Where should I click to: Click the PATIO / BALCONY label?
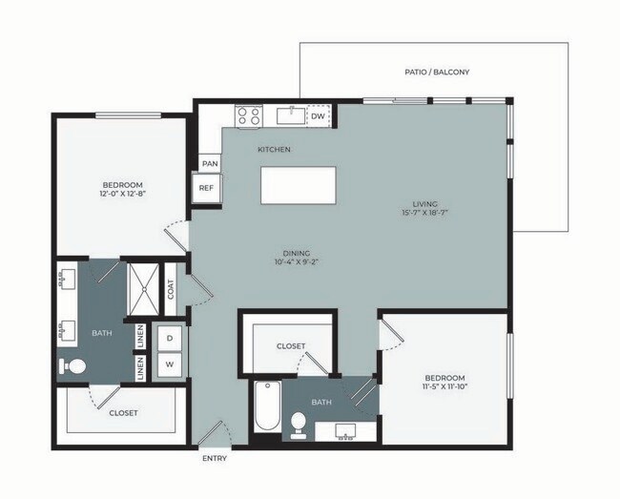coord(438,73)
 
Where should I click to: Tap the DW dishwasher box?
coord(318,116)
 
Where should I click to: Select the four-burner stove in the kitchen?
coord(249,116)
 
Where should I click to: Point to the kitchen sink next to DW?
coord(289,116)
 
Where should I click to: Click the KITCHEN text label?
coord(274,150)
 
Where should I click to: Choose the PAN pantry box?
coord(210,164)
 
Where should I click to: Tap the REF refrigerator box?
coord(207,189)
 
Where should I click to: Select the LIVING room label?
coord(424,203)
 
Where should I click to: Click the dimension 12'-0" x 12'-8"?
coord(123,194)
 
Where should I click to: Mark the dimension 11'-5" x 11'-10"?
coord(445,386)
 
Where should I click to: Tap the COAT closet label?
coord(172,289)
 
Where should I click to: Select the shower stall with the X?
coord(144,287)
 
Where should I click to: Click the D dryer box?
coord(169,339)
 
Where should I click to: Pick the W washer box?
coord(169,364)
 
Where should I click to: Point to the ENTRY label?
coord(215,459)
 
